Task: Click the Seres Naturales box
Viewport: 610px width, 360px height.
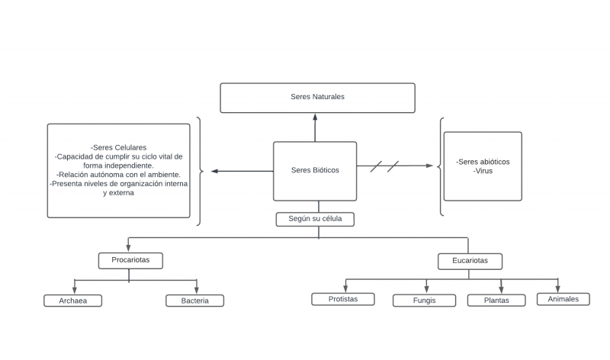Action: (317, 98)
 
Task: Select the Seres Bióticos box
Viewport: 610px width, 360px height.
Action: (314, 170)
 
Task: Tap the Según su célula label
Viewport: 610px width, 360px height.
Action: (315, 220)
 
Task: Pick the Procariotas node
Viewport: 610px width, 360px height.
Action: (131, 261)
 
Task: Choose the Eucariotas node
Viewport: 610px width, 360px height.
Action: (470, 262)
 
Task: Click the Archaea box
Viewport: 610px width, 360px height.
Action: (72, 301)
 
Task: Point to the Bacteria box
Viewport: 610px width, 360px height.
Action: (194, 301)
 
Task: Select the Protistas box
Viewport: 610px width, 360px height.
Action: (343, 299)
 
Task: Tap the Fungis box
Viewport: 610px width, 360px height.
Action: (424, 301)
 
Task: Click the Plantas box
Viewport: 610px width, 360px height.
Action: (496, 301)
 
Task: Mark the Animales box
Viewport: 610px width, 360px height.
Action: (563, 299)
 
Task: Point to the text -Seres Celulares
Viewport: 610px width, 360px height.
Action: (118, 147)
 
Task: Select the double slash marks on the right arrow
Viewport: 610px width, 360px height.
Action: (385, 166)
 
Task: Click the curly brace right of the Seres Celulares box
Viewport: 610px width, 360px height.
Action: (200, 171)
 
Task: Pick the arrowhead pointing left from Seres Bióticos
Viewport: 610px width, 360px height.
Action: (215, 171)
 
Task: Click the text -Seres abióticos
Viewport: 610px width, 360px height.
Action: (483, 162)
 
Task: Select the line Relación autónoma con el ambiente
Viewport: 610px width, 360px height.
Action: (118, 175)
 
